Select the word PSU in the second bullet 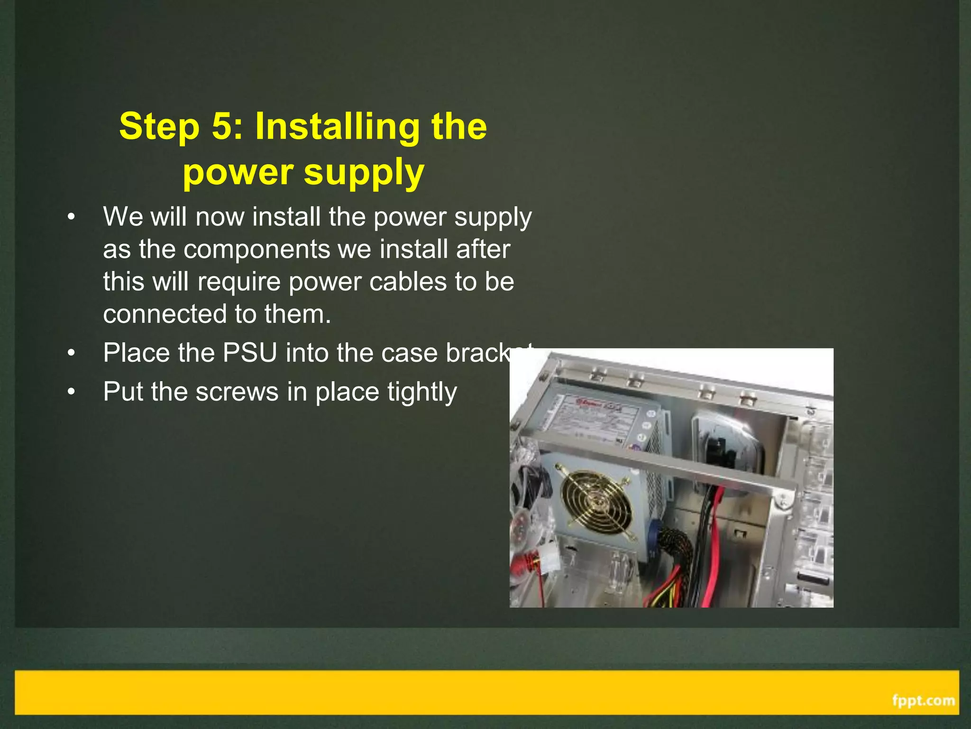coord(249,353)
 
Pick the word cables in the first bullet coord(408,281)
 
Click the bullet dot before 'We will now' coord(71,217)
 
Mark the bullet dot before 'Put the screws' coord(71,392)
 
